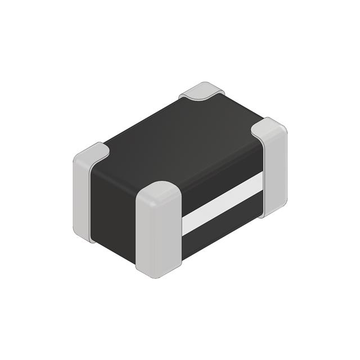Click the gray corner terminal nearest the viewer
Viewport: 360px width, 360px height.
(159, 231)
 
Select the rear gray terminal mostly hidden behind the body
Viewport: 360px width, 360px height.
(202, 91)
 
